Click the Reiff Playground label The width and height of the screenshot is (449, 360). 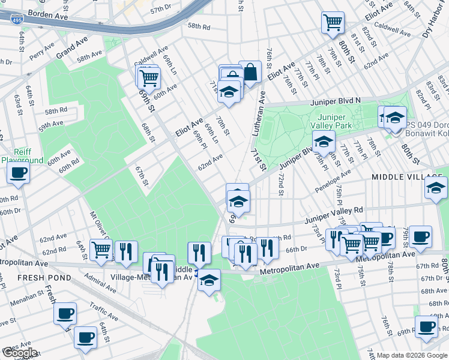tap(22, 156)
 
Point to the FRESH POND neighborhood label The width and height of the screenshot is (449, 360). tap(28, 278)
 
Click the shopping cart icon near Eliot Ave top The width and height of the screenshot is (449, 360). tap(332, 23)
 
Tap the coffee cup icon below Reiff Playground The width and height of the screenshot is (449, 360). tap(18, 173)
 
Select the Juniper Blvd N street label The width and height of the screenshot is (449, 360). tap(335, 102)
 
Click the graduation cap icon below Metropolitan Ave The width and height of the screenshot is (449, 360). tap(209, 280)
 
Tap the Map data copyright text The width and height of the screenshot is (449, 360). tap(412, 355)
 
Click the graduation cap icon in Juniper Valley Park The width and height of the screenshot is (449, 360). tap(323, 142)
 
